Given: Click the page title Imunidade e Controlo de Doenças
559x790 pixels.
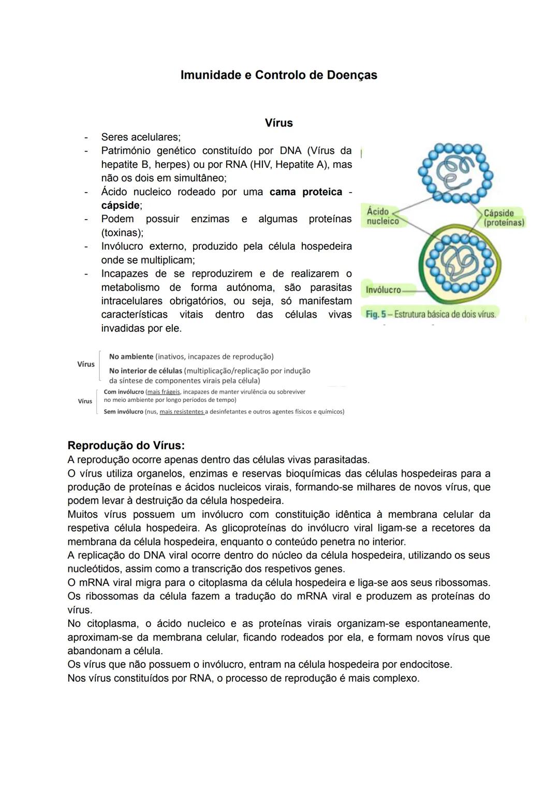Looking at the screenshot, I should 278,75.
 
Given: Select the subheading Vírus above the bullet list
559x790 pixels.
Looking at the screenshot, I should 278,123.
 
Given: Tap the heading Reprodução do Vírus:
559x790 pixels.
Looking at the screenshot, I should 126,446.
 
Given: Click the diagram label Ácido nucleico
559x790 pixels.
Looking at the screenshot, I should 383,217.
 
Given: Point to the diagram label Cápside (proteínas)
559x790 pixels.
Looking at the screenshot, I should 503,218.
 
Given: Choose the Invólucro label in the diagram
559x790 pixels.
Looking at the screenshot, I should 383,290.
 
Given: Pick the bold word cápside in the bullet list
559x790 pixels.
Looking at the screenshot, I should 121,206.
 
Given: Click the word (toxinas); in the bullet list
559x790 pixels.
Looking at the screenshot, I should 122,233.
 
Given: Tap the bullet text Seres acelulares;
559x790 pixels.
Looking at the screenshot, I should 141,137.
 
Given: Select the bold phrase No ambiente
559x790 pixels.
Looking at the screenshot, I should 131,357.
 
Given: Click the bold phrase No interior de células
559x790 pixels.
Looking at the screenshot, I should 145,371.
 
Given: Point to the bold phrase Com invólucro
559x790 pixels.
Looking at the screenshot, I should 124,392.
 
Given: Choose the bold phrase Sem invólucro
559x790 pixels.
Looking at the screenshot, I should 123,412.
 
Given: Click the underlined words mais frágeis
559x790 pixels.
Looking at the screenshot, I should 164,392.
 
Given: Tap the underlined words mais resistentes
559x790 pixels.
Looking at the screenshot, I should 182,412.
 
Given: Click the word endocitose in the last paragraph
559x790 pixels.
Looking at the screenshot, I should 425,665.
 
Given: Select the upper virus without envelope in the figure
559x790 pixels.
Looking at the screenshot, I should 455,173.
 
